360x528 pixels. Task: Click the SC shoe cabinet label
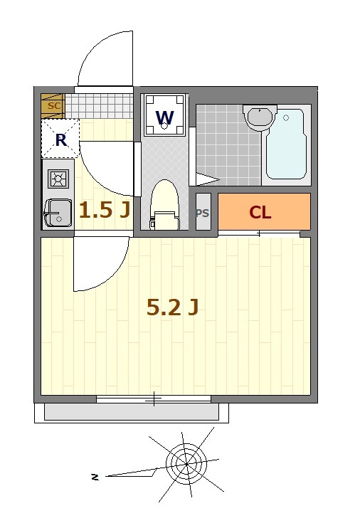coord(52,106)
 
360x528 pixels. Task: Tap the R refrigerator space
coord(60,139)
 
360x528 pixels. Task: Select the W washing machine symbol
coord(164,116)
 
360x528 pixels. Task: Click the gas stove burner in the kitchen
coord(58,178)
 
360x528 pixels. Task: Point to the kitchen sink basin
coord(57,212)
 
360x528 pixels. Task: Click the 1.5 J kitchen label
coord(104,210)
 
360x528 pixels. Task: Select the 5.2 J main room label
coord(171,307)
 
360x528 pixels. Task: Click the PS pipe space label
coord(203,212)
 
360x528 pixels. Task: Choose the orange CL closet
coord(264,211)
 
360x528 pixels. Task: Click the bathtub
coord(287,146)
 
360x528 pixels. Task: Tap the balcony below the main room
coord(132,411)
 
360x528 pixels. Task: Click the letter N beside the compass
coord(94,477)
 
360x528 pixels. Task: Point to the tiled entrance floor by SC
coord(100,106)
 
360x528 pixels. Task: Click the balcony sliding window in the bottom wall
coord(154,399)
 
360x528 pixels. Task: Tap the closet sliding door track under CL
coord(259,233)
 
